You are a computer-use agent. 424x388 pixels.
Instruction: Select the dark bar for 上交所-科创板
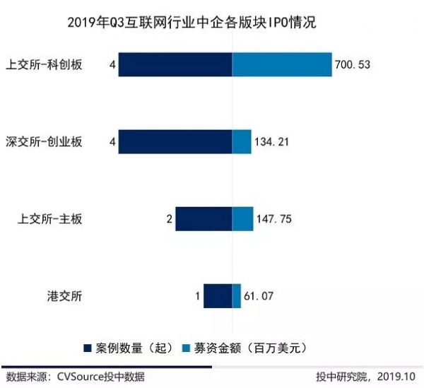(175, 64)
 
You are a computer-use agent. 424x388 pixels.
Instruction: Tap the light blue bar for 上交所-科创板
(282, 64)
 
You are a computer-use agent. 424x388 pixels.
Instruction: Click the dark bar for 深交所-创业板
(175, 141)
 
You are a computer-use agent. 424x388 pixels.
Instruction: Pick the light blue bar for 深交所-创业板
(242, 141)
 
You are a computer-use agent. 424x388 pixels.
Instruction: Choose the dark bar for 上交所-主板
(204, 219)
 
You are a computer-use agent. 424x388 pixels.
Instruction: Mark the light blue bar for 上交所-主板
(242, 219)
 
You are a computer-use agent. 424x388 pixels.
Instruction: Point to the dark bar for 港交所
(218, 296)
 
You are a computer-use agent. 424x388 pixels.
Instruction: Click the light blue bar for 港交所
(237, 296)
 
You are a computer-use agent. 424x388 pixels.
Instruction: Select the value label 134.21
(273, 142)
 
